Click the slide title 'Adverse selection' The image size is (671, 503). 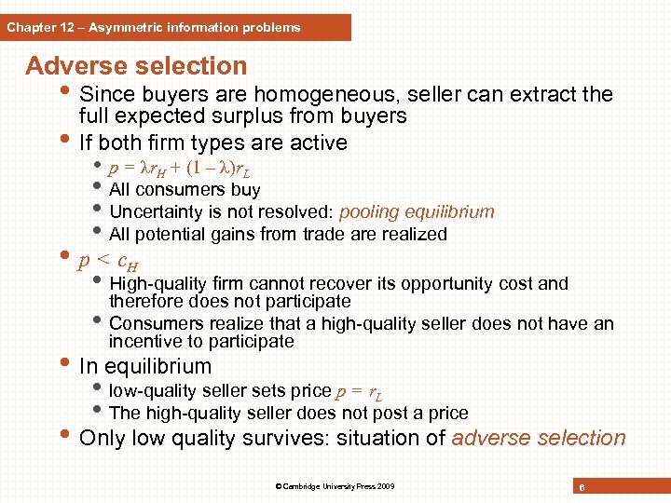tap(136, 66)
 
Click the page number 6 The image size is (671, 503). tap(581, 487)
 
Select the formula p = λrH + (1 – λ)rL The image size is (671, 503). tap(179, 170)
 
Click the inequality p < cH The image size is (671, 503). tap(116, 260)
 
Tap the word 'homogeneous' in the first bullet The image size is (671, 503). tap(305, 94)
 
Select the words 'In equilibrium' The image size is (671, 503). tap(145, 366)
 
